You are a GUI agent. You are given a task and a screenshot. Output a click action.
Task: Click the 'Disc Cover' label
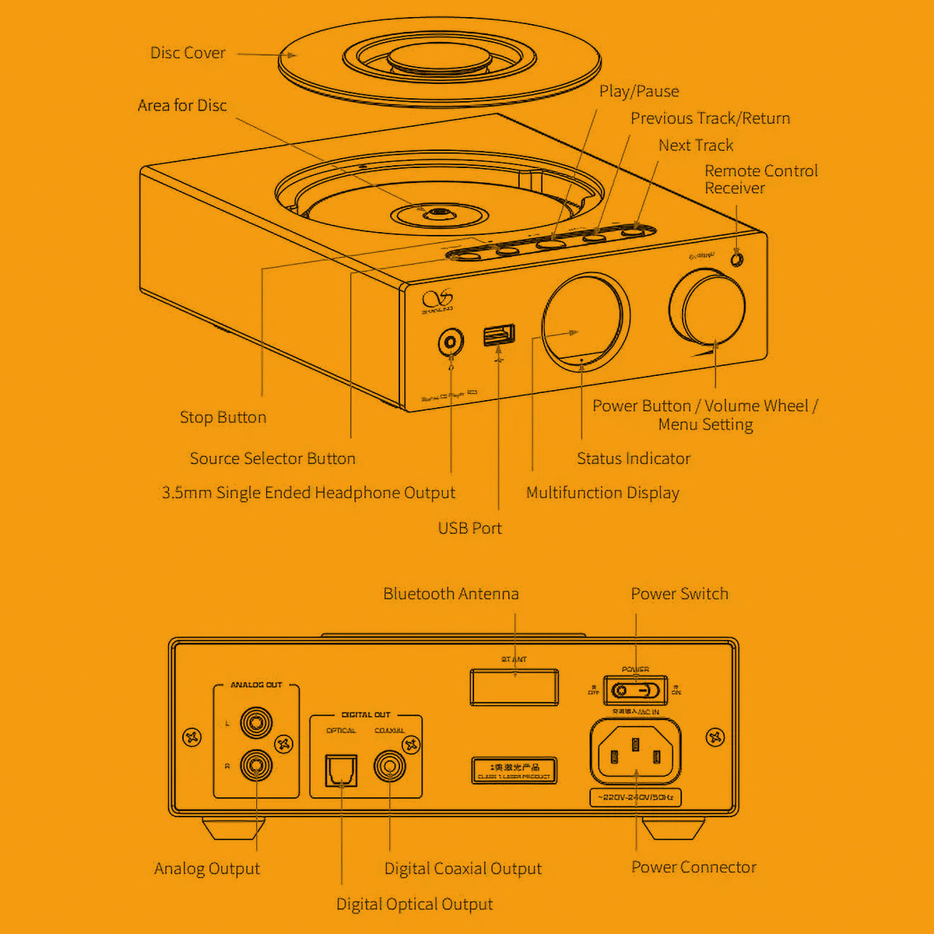(188, 53)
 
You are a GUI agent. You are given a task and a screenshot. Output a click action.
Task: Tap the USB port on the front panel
(499, 335)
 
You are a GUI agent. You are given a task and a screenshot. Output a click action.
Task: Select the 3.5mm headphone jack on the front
(451, 342)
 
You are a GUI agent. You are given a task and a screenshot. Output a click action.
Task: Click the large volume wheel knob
(707, 307)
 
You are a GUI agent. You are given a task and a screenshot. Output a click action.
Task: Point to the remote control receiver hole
(736, 258)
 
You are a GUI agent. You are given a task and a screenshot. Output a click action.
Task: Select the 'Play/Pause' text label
(638, 91)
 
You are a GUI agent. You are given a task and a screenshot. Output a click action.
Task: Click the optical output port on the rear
(341, 770)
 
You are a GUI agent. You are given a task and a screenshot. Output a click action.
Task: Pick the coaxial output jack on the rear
(389, 767)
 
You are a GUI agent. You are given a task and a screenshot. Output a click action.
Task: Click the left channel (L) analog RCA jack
(256, 723)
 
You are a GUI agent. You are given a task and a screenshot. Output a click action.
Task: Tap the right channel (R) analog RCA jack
(256, 766)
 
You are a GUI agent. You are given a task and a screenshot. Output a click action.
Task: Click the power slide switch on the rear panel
(636, 690)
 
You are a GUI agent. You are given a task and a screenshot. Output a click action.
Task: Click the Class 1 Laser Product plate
(514, 771)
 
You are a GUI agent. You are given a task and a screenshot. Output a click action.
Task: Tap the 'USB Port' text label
(469, 528)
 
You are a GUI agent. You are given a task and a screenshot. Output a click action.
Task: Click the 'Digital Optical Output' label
(414, 904)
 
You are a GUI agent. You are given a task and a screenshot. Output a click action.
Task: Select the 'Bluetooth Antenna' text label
(451, 594)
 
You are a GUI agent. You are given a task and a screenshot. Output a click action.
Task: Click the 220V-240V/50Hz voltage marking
(636, 798)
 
